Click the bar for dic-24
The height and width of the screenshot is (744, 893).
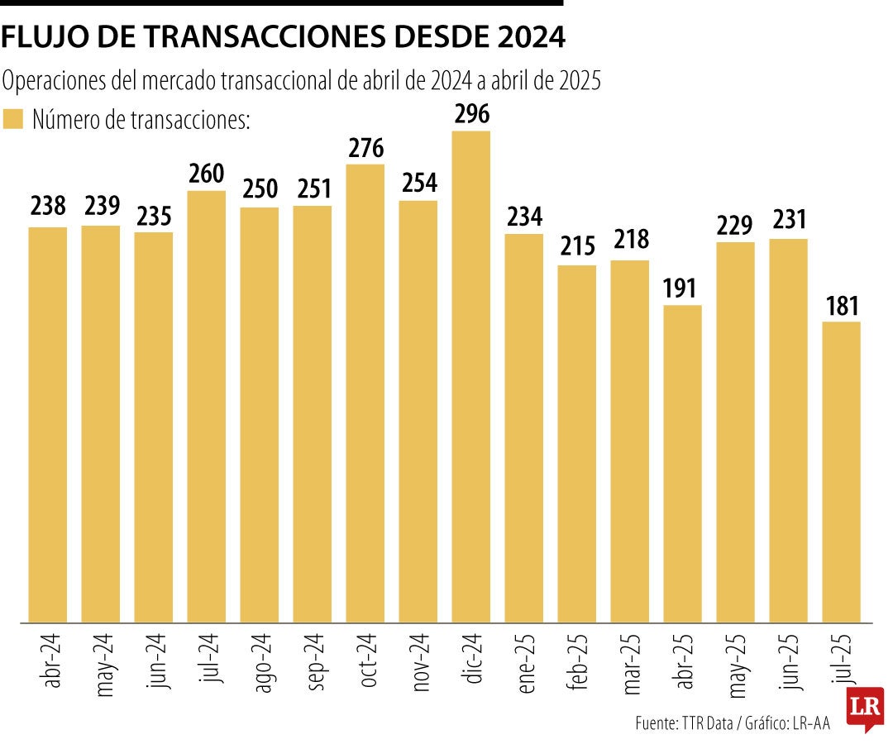[471, 376]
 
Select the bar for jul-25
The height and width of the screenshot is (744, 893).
[842, 471]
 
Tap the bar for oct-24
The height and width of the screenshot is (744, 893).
[365, 393]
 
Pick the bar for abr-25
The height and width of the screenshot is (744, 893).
[683, 463]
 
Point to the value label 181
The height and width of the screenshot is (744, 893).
[842, 308]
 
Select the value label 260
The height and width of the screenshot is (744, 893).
[207, 175]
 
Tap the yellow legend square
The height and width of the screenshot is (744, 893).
[12, 119]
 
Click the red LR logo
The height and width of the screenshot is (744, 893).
[865, 708]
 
